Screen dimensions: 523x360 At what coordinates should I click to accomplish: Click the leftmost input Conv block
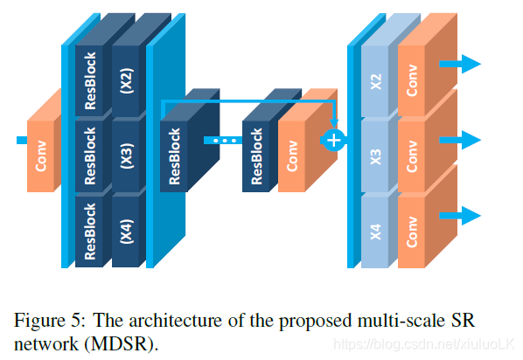click(41, 156)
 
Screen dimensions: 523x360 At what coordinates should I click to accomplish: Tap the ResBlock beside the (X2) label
click(89, 80)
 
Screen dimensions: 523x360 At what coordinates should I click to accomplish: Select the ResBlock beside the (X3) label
click(89, 156)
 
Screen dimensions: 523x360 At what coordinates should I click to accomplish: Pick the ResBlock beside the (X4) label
click(89, 232)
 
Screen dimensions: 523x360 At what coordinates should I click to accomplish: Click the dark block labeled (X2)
click(126, 80)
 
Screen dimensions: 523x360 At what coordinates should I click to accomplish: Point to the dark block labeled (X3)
click(126, 156)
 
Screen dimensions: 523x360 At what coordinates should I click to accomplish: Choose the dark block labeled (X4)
click(126, 232)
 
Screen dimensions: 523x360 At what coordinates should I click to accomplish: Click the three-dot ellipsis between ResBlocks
click(225, 141)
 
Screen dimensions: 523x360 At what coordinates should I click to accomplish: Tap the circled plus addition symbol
click(334, 141)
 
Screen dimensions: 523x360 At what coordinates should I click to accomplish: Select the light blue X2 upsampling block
click(375, 81)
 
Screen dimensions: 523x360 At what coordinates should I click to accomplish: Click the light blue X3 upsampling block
click(375, 156)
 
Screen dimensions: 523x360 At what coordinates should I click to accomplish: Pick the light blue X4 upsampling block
click(375, 232)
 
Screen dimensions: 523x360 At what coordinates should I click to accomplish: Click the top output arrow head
click(471, 64)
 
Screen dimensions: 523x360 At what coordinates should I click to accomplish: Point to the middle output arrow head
click(471, 140)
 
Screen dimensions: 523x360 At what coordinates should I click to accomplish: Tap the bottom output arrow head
click(471, 216)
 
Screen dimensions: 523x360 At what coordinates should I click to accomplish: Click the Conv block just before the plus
click(291, 156)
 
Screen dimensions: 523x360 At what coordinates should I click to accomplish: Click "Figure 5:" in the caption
click(50, 321)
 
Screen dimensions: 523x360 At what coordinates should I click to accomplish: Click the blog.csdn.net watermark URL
click(424, 344)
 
